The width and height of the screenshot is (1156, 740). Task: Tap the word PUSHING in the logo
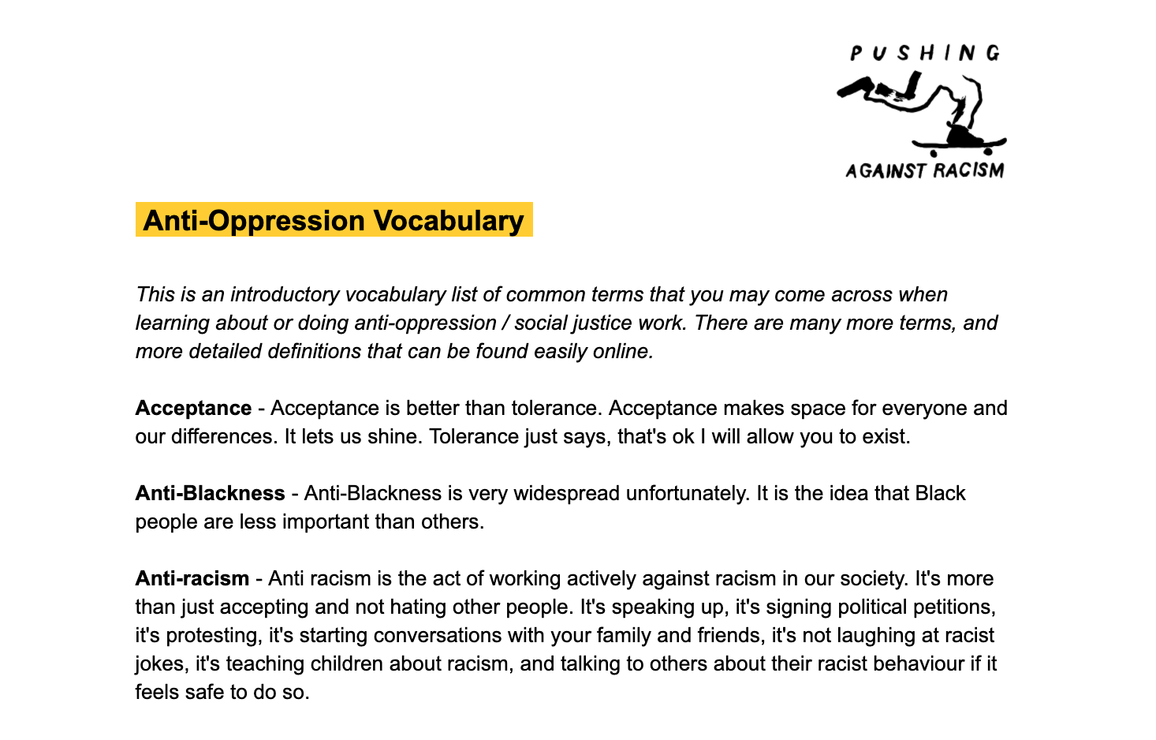click(925, 54)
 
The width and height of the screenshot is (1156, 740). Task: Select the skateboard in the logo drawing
click(960, 145)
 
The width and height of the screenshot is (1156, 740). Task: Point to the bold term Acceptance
click(193, 408)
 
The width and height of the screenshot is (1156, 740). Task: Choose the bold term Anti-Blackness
click(210, 493)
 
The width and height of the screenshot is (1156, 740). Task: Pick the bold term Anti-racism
click(192, 578)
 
